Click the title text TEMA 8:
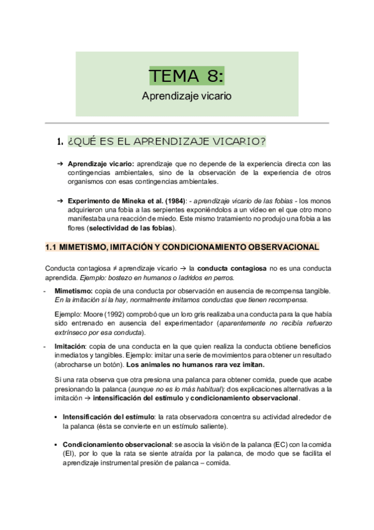[x=186, y=77]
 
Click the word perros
[x=223, y=277]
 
